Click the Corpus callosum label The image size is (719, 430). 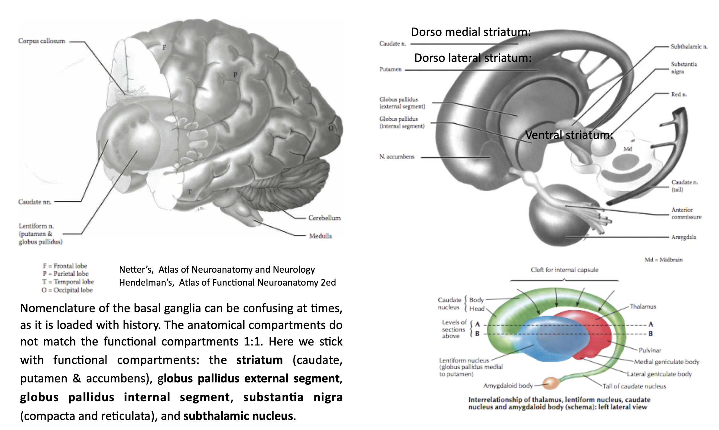(x=41, y=41)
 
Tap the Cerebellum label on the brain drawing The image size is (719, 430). (x=324, y=218)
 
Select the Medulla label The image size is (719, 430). (x=320, y=236)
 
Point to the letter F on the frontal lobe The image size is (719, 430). (x=164, y=48)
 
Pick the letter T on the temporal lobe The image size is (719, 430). (x=190, y=192)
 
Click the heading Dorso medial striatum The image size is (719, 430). (x=471, y=32)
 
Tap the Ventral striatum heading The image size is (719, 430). (x=569, y=135)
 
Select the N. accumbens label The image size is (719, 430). (x=397, y=157)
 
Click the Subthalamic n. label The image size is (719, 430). (x=689, y=47)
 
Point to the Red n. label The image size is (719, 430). (x=679, y=94)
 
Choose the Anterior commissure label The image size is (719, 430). (x=686, y=213)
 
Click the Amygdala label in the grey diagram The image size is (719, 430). (x=683, y=237)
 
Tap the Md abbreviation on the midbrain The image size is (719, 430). (x=628, y=149)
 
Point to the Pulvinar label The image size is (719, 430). (x=650, y=350)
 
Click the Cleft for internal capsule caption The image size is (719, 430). (x=564, y=270)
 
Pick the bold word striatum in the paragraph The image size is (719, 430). (x=260, y=360)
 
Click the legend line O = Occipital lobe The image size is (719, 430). (x=67, y=290)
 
